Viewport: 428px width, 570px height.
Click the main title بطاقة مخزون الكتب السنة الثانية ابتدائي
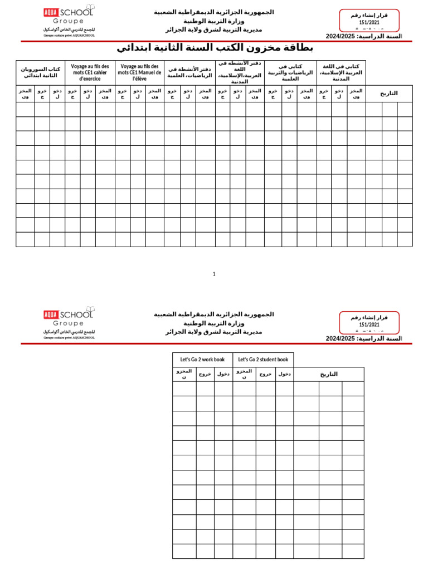[215, 48]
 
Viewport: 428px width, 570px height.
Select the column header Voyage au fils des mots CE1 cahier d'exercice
[90, 72]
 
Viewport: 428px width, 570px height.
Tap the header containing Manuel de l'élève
[139, 72]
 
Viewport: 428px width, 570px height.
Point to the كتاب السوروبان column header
[40, 72]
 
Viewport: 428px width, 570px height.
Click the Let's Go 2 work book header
[202, 360]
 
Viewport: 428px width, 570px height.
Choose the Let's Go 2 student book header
[263, 360]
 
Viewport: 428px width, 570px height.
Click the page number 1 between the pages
[214, 274]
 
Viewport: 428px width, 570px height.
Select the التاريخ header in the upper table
[389, 94]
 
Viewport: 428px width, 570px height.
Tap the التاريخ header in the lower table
[329, 374]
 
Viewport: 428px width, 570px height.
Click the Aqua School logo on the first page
[69, 21]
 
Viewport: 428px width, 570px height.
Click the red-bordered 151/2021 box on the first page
[369, 20]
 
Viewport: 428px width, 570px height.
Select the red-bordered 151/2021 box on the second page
[369, 322]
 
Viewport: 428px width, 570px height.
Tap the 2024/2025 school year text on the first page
[363, 36]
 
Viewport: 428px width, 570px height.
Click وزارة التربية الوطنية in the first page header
[214, 21]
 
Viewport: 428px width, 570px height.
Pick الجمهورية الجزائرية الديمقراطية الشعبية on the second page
[214, 315]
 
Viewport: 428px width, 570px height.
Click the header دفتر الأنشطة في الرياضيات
[189, 72]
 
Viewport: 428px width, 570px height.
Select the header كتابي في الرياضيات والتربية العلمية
[290, 72]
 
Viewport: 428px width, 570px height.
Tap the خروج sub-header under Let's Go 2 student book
[266, 374]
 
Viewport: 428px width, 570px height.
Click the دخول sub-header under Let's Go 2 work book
[223, 374]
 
